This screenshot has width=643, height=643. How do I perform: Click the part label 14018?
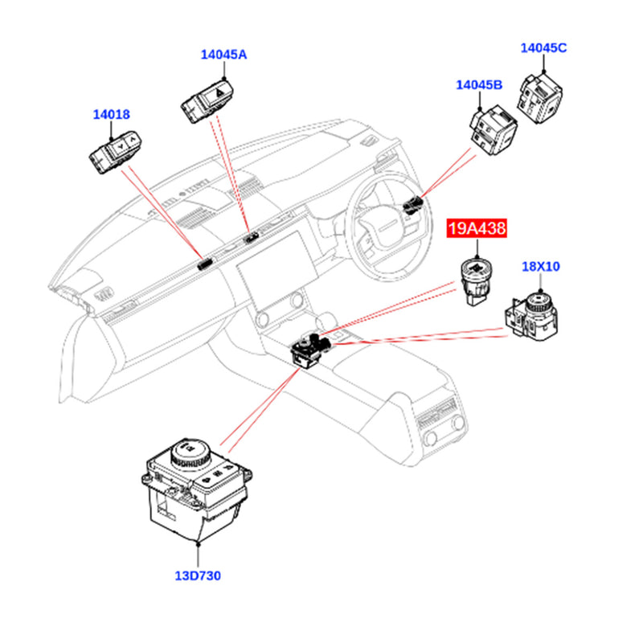click(111, 115)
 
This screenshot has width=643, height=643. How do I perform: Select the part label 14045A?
click(223, 55)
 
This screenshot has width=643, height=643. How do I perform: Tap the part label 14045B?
click(479, 85)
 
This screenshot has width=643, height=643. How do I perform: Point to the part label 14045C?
click(543, 47)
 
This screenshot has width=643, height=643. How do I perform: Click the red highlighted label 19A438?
click(477, 230)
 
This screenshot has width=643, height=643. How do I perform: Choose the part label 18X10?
click(541, 266)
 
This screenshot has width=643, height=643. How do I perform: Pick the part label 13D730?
click(196, 575)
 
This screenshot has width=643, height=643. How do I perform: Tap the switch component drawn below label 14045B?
click(491, 129)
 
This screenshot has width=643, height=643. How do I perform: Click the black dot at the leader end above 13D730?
click(196, 543)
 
